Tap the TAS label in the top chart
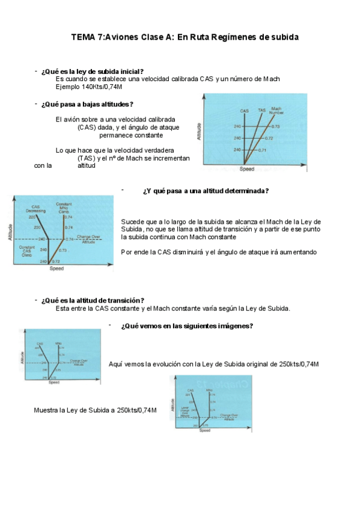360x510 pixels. tap(261, 111)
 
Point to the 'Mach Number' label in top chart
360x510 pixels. tap(276, 111)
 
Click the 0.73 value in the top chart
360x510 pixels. tap(276, 126)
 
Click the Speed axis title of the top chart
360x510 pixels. tap(247, 169)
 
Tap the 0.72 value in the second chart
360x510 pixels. tap(56, 262)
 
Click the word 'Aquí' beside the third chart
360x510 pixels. tap(115, 364)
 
